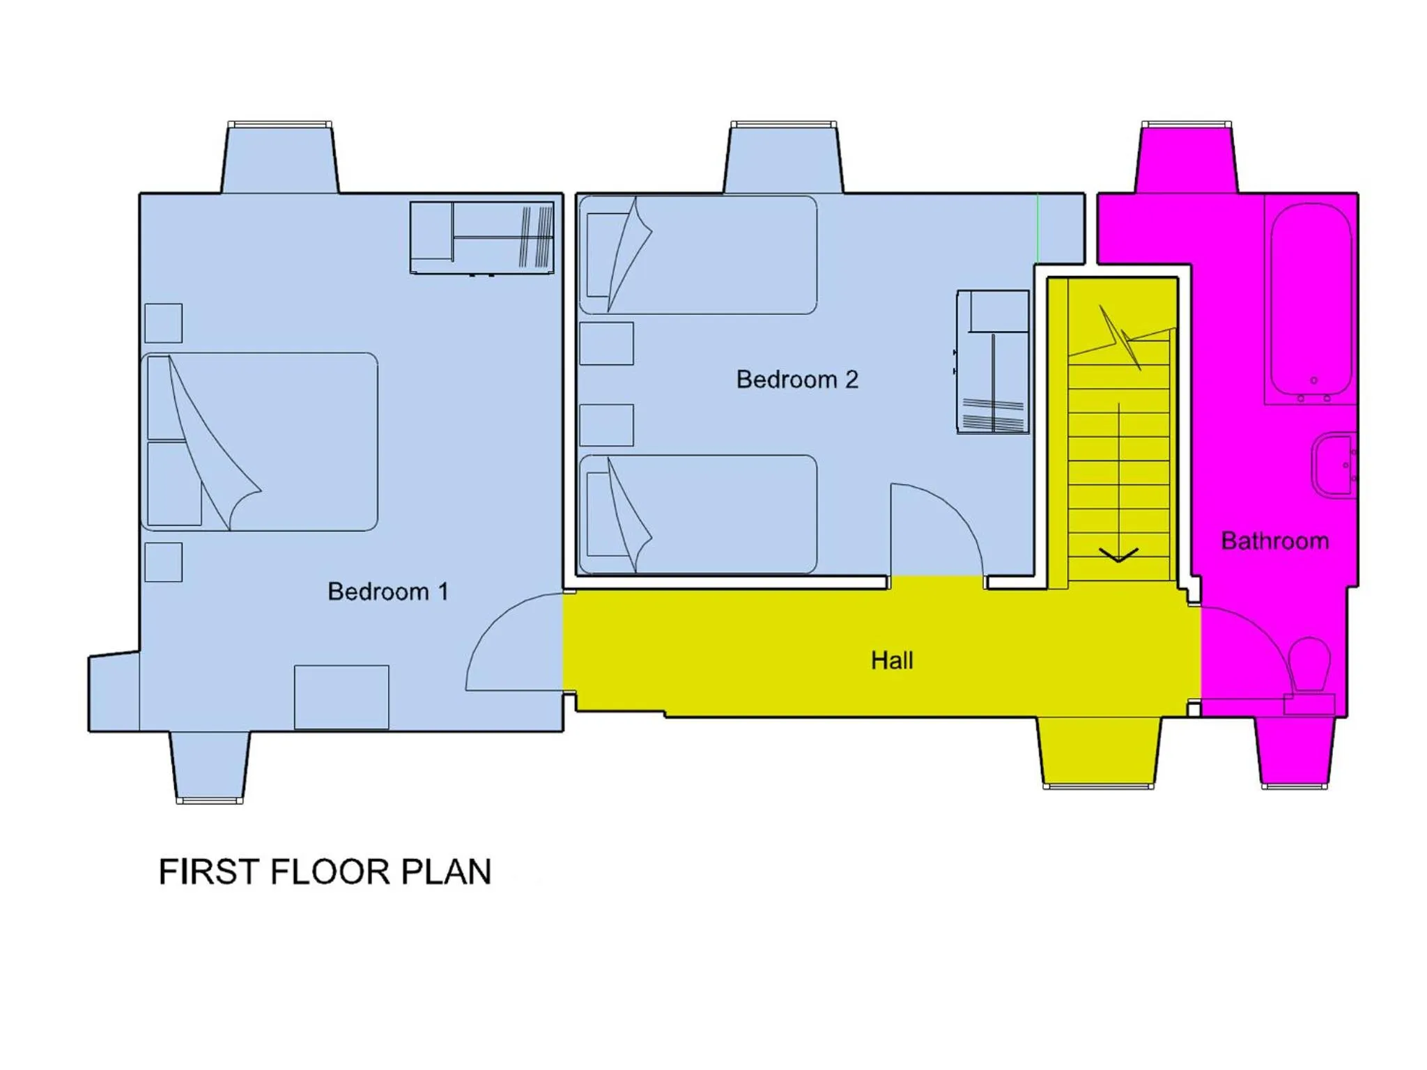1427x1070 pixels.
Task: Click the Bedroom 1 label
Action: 388,591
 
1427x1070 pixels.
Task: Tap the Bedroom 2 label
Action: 797,380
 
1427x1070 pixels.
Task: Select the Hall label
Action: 892,660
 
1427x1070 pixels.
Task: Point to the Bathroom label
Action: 1275,541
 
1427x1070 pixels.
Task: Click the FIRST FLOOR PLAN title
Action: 325,871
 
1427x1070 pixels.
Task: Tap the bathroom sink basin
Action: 1333,465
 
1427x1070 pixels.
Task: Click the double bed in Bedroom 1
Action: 260,442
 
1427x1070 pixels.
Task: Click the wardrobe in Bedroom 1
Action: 482,238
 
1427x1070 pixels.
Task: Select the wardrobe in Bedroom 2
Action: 993,362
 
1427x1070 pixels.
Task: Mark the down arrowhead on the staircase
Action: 1118,555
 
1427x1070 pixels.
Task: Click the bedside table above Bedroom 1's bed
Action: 164,323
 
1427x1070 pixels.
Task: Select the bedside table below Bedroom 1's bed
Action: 164,562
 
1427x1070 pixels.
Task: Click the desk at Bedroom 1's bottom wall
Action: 341,697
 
